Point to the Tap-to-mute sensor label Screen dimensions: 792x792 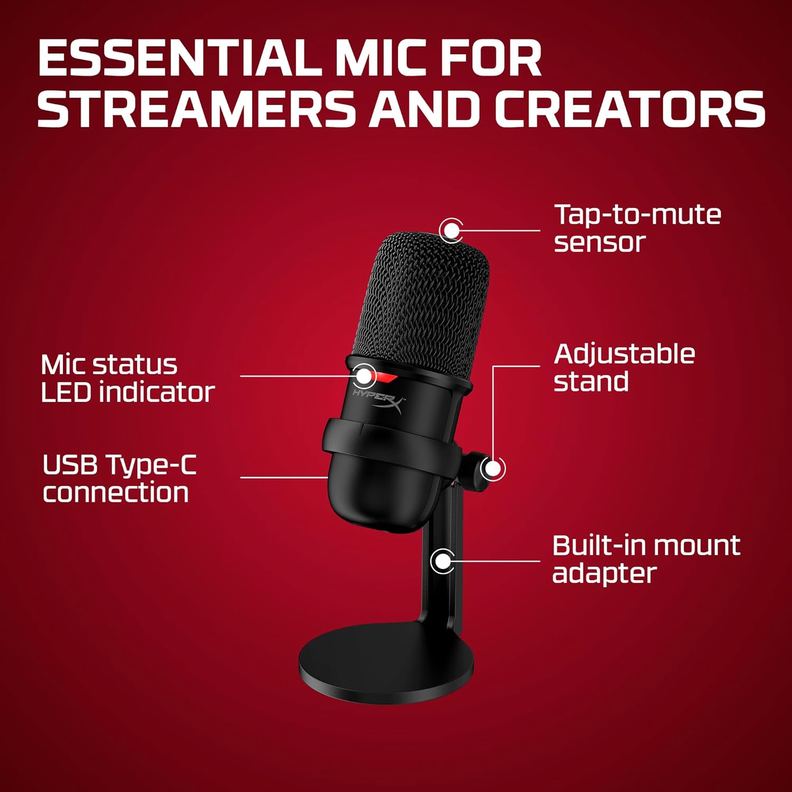click(x=637, y=228)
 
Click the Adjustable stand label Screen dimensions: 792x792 click(x=624, y=367)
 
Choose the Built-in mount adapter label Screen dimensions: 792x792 click(x=645, y=559)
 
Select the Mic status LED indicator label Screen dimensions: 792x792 click(x=127, y=378)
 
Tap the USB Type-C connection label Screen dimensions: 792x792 click(x=119, y=478)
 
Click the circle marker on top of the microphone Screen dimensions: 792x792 click(x=451, y=230)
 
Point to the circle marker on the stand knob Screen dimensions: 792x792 click(x=493, y=468)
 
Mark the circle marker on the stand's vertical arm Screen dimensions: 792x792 click(x=442, y=561)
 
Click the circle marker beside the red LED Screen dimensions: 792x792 click(x=364, y=375)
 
